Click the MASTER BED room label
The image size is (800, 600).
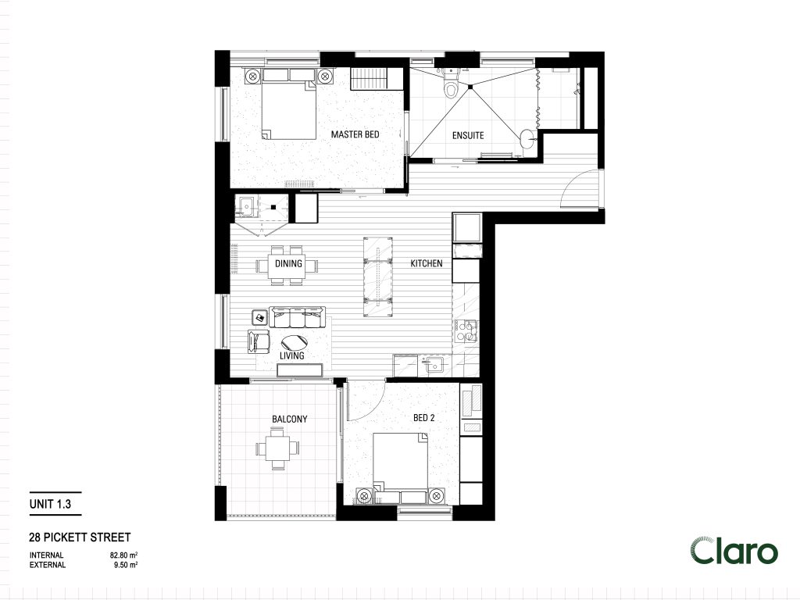355,134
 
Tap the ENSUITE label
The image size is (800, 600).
468,135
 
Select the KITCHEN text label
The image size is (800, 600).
427,264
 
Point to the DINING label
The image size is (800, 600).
288,264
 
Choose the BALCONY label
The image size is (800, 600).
289,420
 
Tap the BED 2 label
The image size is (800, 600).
423,419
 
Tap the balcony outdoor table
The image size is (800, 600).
277,450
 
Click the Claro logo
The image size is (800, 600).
734,551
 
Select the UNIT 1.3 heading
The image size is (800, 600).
51,505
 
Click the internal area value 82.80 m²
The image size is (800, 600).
124,555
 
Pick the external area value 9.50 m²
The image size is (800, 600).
126,565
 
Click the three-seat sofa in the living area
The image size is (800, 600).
298,317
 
